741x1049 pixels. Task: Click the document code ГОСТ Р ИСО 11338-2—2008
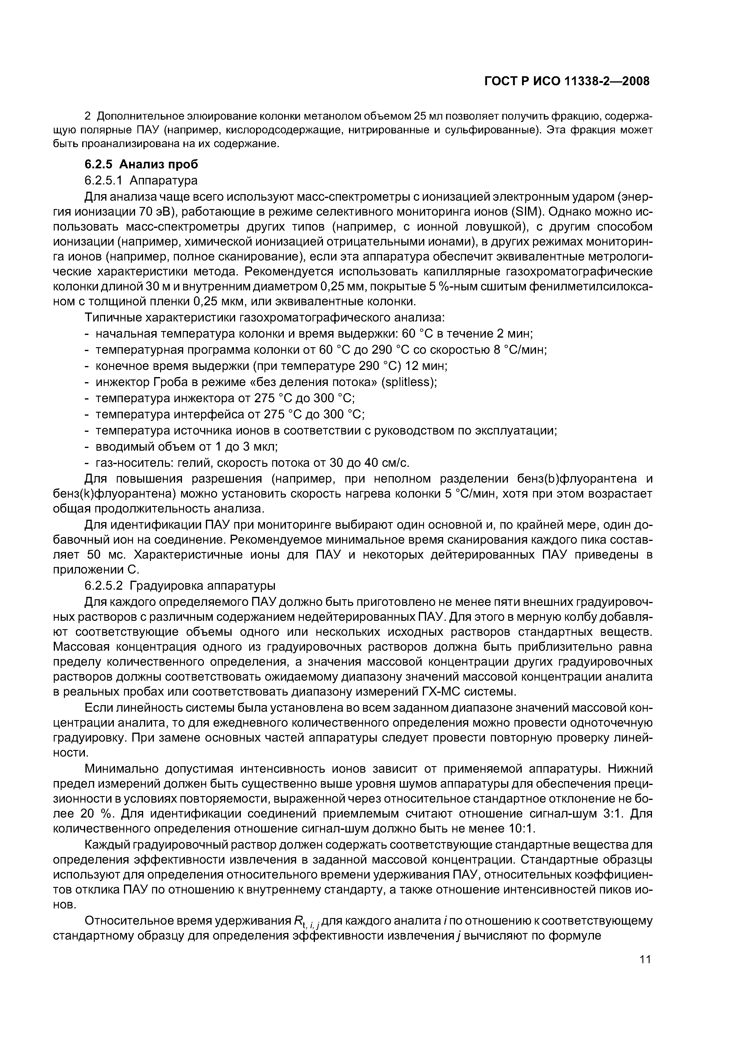(x=567, y=81)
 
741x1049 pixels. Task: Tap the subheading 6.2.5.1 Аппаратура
(x=141, y=181)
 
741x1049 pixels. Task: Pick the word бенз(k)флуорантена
(x=115, y=494)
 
